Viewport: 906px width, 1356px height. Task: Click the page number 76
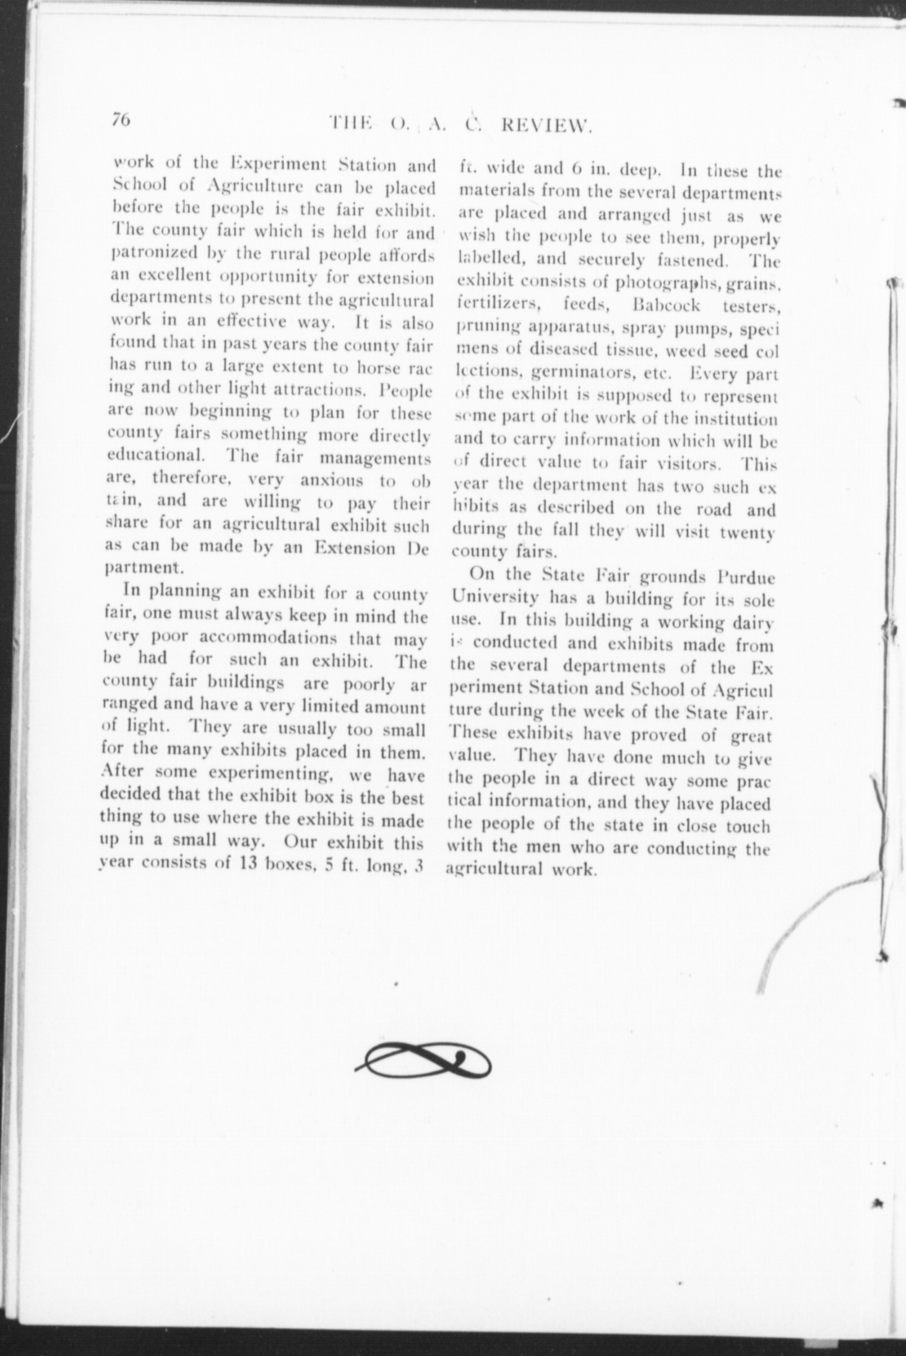tap(121, 120)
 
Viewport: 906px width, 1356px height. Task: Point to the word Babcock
tap(667, 306)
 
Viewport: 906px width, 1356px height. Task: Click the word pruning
tap(481, 329)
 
